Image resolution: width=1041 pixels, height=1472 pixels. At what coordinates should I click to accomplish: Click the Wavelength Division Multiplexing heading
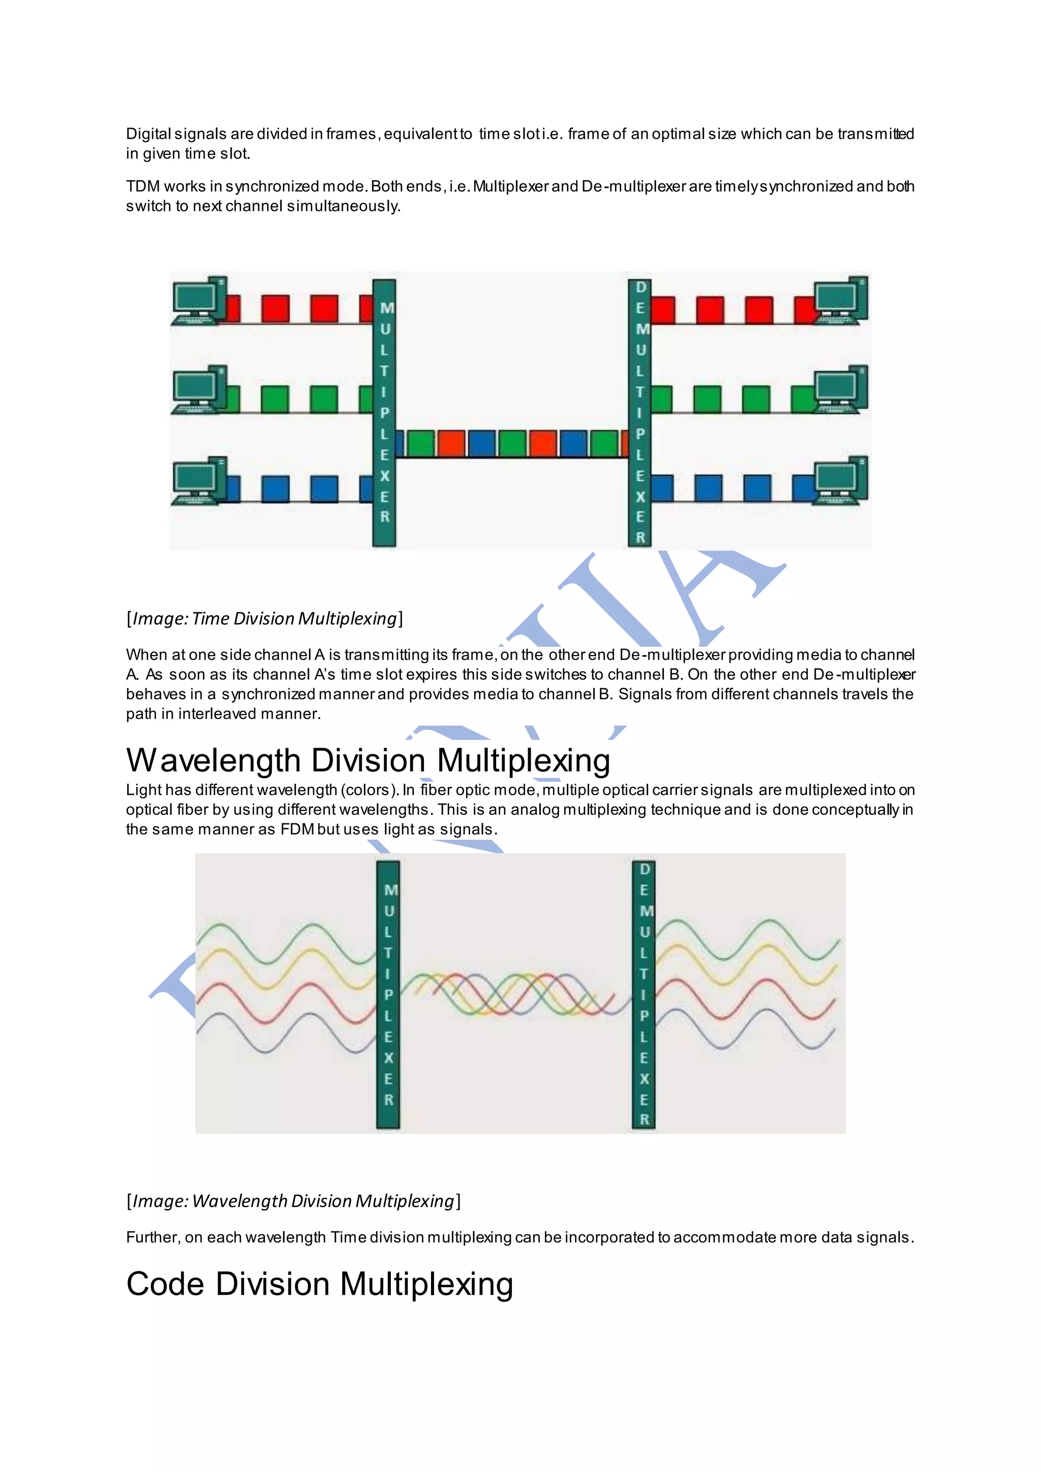[x=368, y=760]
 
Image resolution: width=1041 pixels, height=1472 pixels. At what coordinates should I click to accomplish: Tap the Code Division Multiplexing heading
[x=319, y=1284]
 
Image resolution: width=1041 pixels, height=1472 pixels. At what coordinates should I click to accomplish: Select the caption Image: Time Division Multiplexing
[x=265, y=619]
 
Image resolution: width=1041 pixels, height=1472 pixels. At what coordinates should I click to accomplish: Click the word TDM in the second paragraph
[x=142, y=187]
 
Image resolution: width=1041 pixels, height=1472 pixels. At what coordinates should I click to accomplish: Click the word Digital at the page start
[x=148, y=134]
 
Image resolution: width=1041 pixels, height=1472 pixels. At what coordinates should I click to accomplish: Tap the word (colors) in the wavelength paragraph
[x=369, y=790]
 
